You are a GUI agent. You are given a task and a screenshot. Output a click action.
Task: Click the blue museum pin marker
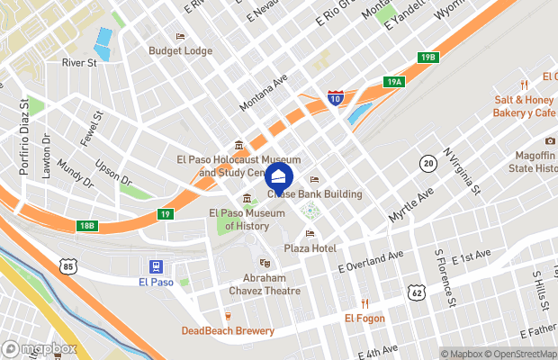point(279,175)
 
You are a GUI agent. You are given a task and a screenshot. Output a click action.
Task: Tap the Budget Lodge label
point(180,51)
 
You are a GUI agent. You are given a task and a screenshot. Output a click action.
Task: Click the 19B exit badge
point(427,58)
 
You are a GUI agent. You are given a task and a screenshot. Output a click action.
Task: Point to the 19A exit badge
point(393,82)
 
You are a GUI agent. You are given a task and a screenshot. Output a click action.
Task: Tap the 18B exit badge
point(86,225)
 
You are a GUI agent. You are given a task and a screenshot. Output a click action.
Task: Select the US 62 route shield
point(415,292)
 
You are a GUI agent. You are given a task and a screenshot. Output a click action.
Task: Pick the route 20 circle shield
point(427,163)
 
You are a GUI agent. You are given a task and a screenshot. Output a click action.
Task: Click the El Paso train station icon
point(157,266)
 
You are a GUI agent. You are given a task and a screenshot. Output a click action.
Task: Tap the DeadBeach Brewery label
point(227,330)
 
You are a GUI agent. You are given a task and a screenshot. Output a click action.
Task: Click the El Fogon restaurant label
point(364,318)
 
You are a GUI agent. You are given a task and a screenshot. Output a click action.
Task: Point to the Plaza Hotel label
point(310,247)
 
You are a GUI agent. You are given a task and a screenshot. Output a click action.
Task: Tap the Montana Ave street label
point(263,94)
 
